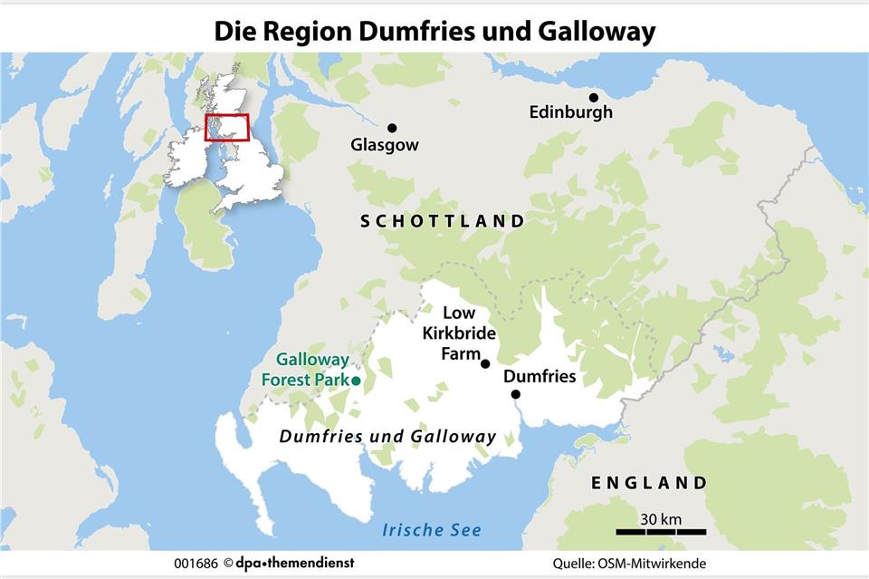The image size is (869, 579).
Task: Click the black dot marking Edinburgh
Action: [x=594, y=98]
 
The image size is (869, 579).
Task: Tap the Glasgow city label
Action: [x=385, y=145]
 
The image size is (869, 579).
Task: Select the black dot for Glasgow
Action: [x=392, y=129]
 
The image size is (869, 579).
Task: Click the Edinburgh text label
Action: [x=571, y=112]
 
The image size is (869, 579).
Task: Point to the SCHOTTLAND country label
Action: [x=442, y=221]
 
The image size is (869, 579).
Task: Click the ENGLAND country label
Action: [x=648, y=483]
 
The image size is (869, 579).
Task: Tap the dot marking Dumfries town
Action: [x=515, y=394]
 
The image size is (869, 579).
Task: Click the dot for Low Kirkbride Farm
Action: [x=485, y=363]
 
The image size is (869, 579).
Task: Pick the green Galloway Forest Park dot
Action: [x=356, y=381]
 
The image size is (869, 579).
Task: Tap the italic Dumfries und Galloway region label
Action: [x=387, y=437]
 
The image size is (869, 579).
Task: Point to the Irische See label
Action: [x=432, y=530]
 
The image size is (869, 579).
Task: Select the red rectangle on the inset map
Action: [x=226, y=127]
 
